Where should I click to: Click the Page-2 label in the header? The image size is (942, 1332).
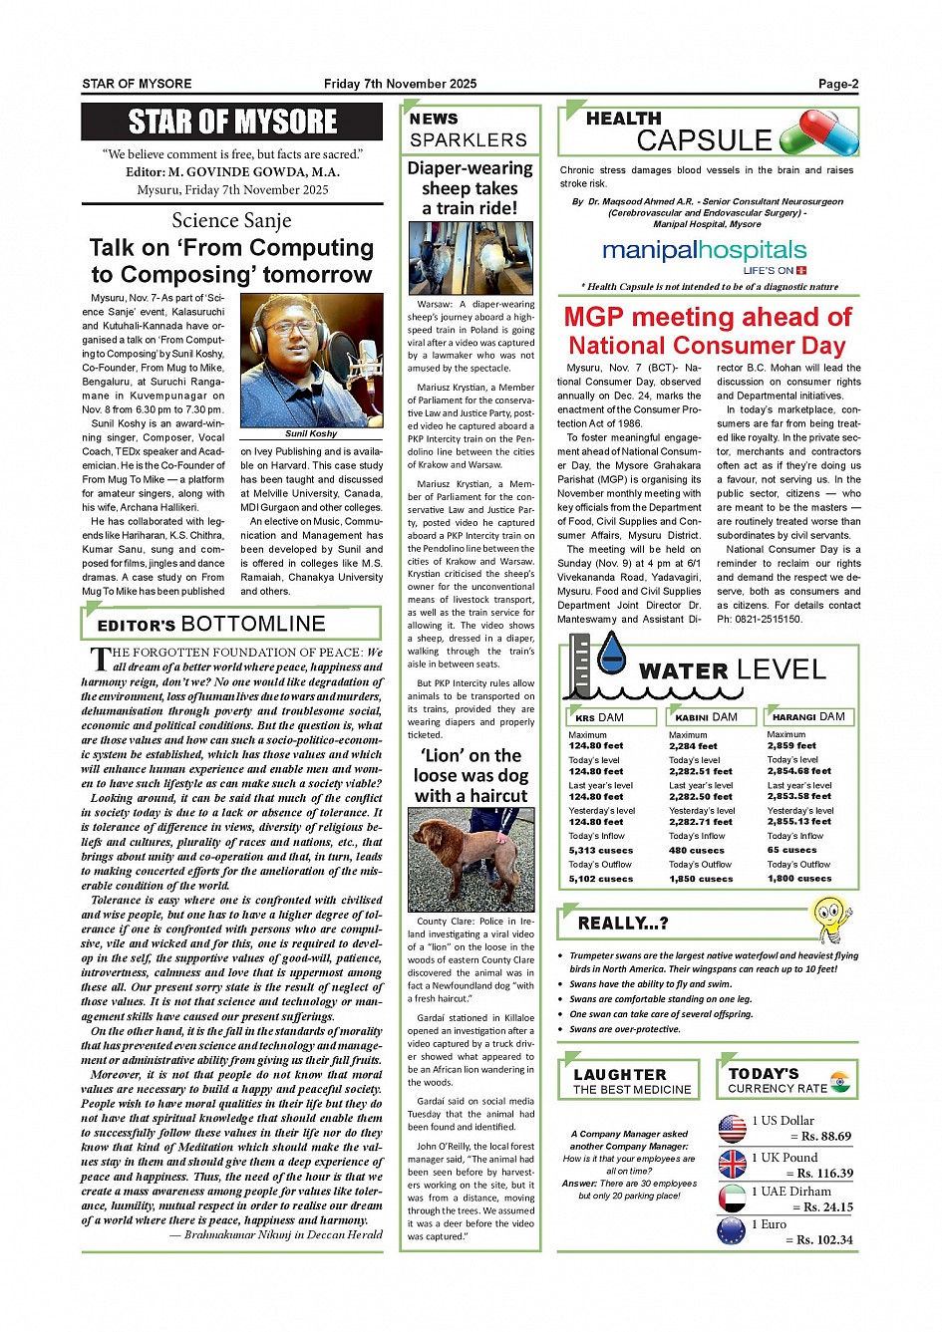[837, 84]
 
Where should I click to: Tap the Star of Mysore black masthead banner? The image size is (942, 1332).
[231, 122]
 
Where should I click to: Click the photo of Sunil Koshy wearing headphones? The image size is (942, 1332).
[311, 360]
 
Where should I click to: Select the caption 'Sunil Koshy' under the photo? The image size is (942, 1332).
[311, 433]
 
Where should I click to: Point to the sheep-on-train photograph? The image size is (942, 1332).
[471, 258]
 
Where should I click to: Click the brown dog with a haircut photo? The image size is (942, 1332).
[471, 859]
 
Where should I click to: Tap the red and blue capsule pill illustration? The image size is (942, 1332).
[818, 133]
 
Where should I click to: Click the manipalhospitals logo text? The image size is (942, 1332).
[704, 250]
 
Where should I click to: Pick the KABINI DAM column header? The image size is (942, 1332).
[707, 717]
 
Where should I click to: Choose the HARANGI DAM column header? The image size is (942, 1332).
[808, 716]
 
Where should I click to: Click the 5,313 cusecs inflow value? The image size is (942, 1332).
[601, 850]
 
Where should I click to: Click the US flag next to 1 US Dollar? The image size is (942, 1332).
[732, 1128]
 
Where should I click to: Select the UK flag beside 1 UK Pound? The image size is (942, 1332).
[732, 1164]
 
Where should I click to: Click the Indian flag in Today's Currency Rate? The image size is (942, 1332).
[841, 1081]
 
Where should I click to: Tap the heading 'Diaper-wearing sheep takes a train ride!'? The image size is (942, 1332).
[470, 187]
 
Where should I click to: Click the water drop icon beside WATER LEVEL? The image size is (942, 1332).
[610, 653]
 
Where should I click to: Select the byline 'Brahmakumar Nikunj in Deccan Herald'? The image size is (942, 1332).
[276, 1234]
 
